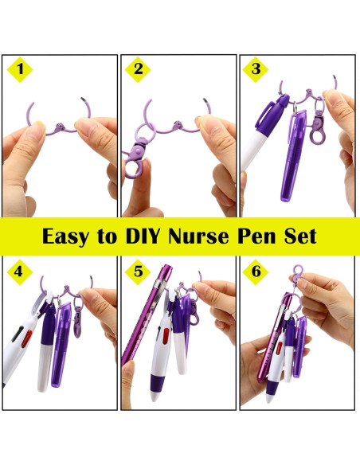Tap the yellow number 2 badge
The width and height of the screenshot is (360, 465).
(139, 69)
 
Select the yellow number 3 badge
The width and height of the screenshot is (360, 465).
(256, 69)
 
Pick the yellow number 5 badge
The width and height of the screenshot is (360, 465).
(139, 272)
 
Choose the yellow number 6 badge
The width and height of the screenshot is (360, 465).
(256, 272)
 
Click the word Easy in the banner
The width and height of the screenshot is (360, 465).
(69, 236)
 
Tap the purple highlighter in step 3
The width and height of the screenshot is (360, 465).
(293, 155)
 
